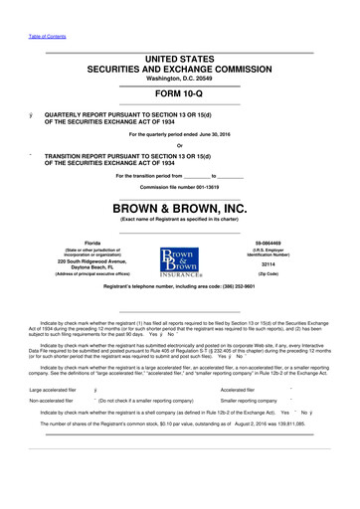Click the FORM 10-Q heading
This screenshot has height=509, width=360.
coord(179,95)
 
